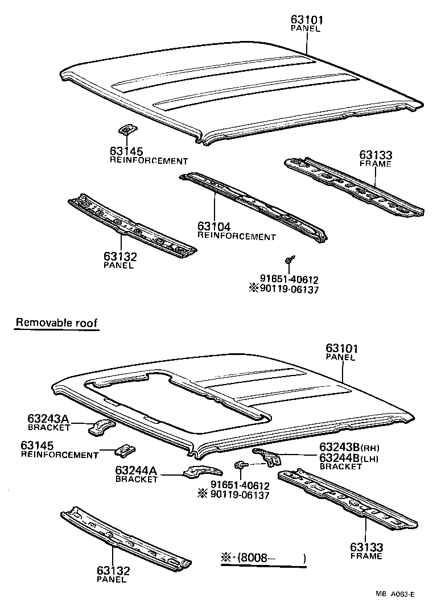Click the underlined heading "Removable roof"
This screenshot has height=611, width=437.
[56, 323]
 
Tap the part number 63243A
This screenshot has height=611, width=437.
[48, 419]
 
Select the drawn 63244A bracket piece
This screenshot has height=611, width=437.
[202, 470]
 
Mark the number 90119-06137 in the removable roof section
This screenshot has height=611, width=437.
[240, 495]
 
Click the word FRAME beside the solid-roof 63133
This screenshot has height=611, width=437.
[376, 164]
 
